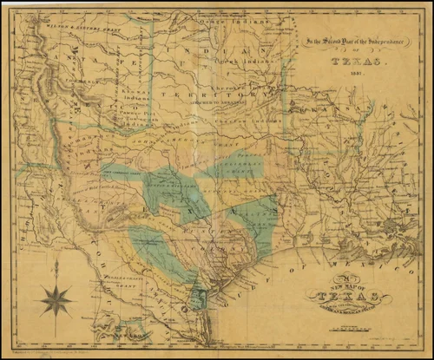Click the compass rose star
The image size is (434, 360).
pos(56,299)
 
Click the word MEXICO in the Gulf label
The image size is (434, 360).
pos(325,247)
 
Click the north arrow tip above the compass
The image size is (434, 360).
pos(56,261)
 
